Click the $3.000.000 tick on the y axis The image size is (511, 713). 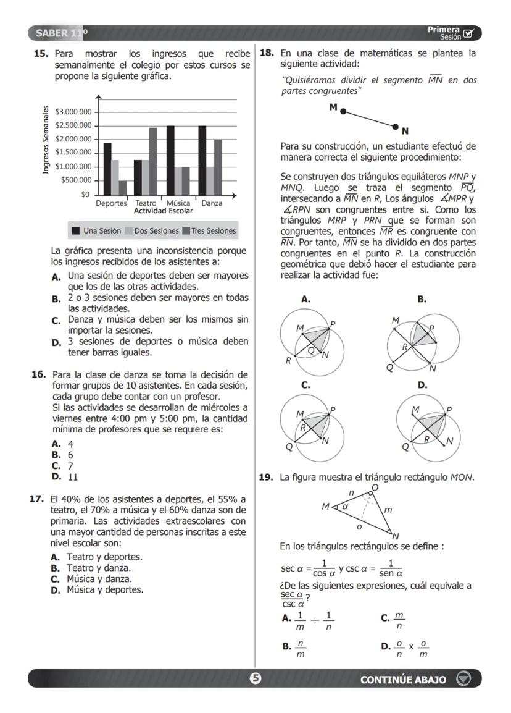pos(73,112)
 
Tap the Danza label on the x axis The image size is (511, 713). pos(212,203)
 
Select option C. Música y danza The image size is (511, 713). pos(91,579)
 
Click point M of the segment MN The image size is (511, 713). pos(343,112)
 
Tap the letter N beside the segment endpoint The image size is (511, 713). pos(405,131)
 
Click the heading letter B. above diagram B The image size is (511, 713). pos(422,299)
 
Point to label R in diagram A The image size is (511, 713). pos(288,361)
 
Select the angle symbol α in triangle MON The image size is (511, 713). pos(346,505)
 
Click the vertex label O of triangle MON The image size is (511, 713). pos(374,489)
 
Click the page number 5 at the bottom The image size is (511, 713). pos(255,679)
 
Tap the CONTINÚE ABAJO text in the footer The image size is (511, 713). pos(403,680)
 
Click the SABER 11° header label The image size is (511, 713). pos(61,32)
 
